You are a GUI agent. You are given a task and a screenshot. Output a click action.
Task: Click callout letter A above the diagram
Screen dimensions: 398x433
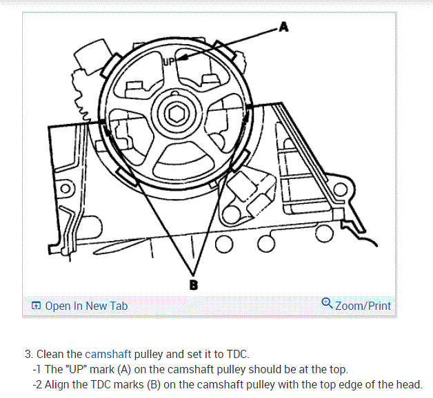click(284, 28)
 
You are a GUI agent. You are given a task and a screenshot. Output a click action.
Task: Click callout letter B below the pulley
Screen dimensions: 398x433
click(194, 282)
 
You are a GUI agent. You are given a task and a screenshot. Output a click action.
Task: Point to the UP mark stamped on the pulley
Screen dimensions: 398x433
click(170, 62)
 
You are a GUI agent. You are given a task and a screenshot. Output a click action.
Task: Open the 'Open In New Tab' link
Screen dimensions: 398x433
click(86, 306)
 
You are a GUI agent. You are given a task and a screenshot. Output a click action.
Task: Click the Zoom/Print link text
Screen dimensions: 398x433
click(363, 306)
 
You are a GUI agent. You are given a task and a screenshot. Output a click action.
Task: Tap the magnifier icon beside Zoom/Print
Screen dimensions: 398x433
click(328, 304)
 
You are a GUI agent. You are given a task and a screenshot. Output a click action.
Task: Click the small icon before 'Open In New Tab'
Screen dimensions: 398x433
click(37, 306)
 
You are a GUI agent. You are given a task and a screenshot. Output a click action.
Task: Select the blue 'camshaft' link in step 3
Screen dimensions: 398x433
click(108, 355)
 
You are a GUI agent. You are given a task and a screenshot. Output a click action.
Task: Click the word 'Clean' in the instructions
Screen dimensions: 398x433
click(50, 355)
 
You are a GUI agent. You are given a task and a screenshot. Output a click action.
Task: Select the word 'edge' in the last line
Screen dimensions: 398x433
click(357, 384)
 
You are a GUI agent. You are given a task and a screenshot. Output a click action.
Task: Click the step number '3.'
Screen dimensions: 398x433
click(29, 355)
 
